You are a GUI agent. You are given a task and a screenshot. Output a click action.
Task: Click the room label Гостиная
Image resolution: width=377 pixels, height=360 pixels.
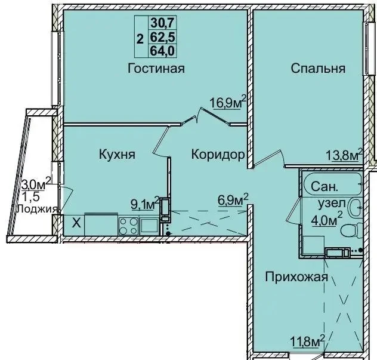click(156, 68)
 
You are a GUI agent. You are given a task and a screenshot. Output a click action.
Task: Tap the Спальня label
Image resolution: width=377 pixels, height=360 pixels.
click(318, 68)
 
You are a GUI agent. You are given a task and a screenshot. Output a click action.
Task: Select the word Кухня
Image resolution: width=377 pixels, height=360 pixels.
click(117, 154)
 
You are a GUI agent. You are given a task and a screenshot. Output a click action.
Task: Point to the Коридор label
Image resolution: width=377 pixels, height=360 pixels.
click(218, 155)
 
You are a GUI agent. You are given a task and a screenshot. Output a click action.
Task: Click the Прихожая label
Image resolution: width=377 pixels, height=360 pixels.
click(296, 277)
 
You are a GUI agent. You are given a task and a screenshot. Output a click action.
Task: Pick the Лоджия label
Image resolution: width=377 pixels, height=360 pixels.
click(37, 208)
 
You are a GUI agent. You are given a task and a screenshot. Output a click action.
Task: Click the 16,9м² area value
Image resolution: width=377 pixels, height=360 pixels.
click(228, 102)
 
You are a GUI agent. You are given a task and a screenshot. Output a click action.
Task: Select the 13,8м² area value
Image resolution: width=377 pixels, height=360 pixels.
click(344, 155)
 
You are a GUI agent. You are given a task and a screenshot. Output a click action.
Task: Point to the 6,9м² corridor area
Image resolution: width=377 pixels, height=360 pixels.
click(233, 200)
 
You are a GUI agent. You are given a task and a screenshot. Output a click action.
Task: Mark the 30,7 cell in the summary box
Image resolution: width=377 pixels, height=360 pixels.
click(163, 23)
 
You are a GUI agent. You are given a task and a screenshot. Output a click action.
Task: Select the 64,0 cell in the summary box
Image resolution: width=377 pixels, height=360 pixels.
click(163, 51)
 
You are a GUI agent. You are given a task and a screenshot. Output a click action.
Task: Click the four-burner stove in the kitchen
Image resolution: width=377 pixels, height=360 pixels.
click(128, 226)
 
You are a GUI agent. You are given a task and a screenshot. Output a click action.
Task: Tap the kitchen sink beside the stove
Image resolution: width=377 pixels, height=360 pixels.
click(150, 226)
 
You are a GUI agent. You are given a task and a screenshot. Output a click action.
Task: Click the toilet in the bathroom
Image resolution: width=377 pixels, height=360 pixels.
click(352, 230)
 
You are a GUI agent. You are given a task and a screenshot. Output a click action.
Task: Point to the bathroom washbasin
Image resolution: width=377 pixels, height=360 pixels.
click(356, 207)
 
